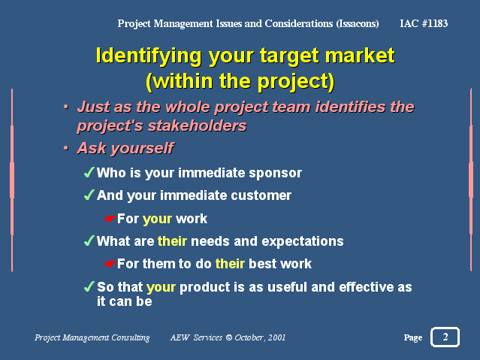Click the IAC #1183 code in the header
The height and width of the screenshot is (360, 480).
point(424,23)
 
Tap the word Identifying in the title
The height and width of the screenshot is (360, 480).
point(149,56)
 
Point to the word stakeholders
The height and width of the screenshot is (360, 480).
point(198,126)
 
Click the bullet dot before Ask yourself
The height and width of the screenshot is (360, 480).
point(66,148)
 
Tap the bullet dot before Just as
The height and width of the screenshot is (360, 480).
point(66,107)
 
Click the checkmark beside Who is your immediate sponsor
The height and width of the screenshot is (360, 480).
point(89,173)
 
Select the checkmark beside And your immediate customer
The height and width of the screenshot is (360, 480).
point(89,195)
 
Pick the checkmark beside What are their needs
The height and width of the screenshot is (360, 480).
point(89,241)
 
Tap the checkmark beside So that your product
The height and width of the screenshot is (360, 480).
point(89,286)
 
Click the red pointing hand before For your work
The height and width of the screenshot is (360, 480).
point(110,219)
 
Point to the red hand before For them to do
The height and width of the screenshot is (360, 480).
point(110,264)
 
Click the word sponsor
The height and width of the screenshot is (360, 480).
point(275,174)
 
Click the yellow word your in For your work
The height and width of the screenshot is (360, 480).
point(157,219)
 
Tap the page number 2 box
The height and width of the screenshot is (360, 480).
point(445,337)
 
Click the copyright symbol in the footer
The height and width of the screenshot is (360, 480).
point(229,337)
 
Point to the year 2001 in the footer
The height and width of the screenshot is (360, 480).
point(276,337)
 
